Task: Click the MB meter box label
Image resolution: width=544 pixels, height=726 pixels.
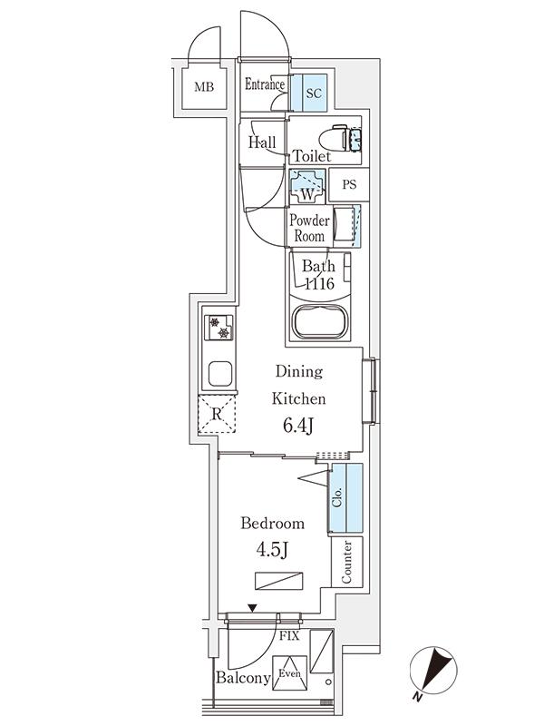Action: click(204, 86)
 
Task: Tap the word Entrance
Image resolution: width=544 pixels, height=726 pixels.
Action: click(265, 84)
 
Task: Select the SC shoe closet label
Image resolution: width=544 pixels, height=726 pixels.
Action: click(314, 93)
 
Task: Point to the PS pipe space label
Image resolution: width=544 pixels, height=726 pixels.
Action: click(350, 184)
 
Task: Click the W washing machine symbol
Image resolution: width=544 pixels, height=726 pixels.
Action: click(307, 187)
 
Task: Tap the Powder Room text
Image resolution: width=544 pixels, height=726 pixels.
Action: click(309, 229)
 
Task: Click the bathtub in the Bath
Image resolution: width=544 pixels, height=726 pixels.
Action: click(320, 323)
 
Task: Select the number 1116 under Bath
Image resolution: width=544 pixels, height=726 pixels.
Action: click(320, 283)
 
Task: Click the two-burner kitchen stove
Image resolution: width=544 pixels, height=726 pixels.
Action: click(219, 328)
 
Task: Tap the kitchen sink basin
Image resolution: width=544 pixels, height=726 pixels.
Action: click(219, 374)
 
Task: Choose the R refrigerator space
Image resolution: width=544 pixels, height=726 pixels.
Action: click(217, 414)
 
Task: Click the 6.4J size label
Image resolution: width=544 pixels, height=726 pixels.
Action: click(298, 427)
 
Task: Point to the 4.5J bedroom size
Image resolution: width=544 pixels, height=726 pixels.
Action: click(273, 550)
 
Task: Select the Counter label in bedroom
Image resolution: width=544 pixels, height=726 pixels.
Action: click(346, 562)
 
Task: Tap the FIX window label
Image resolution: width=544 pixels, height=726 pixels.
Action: click(289, 636)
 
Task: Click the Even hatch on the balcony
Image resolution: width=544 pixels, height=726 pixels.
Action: click(289, 673)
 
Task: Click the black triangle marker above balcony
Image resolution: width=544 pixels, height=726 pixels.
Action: click(252, 608)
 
